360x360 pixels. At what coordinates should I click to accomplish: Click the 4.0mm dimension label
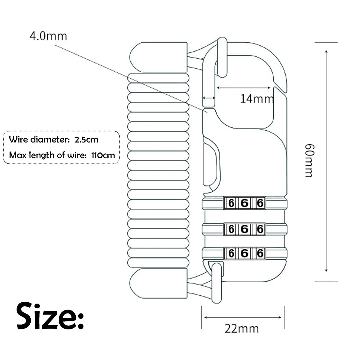pos(48,36)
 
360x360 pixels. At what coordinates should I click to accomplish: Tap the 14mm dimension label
pos(257,98)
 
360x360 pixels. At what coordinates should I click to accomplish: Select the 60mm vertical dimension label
pos(310,160)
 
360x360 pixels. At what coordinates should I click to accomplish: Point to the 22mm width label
pos(241,329)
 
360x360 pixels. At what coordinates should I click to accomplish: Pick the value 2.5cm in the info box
pos(86,140)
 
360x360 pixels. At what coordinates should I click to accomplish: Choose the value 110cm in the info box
pos(103,155)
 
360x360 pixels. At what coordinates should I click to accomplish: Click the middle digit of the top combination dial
pos(244,203)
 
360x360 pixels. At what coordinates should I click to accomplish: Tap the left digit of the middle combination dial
pos(231,229)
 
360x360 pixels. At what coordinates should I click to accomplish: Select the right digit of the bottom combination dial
pos(260,253)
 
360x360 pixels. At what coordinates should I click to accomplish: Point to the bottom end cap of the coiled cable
pos(158,283)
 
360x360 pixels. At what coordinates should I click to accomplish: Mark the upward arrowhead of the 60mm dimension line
pos(326,52)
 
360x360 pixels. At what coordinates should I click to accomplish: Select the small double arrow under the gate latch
pos(209,98)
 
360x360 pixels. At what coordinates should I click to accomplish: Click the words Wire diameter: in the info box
pos(39,140)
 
